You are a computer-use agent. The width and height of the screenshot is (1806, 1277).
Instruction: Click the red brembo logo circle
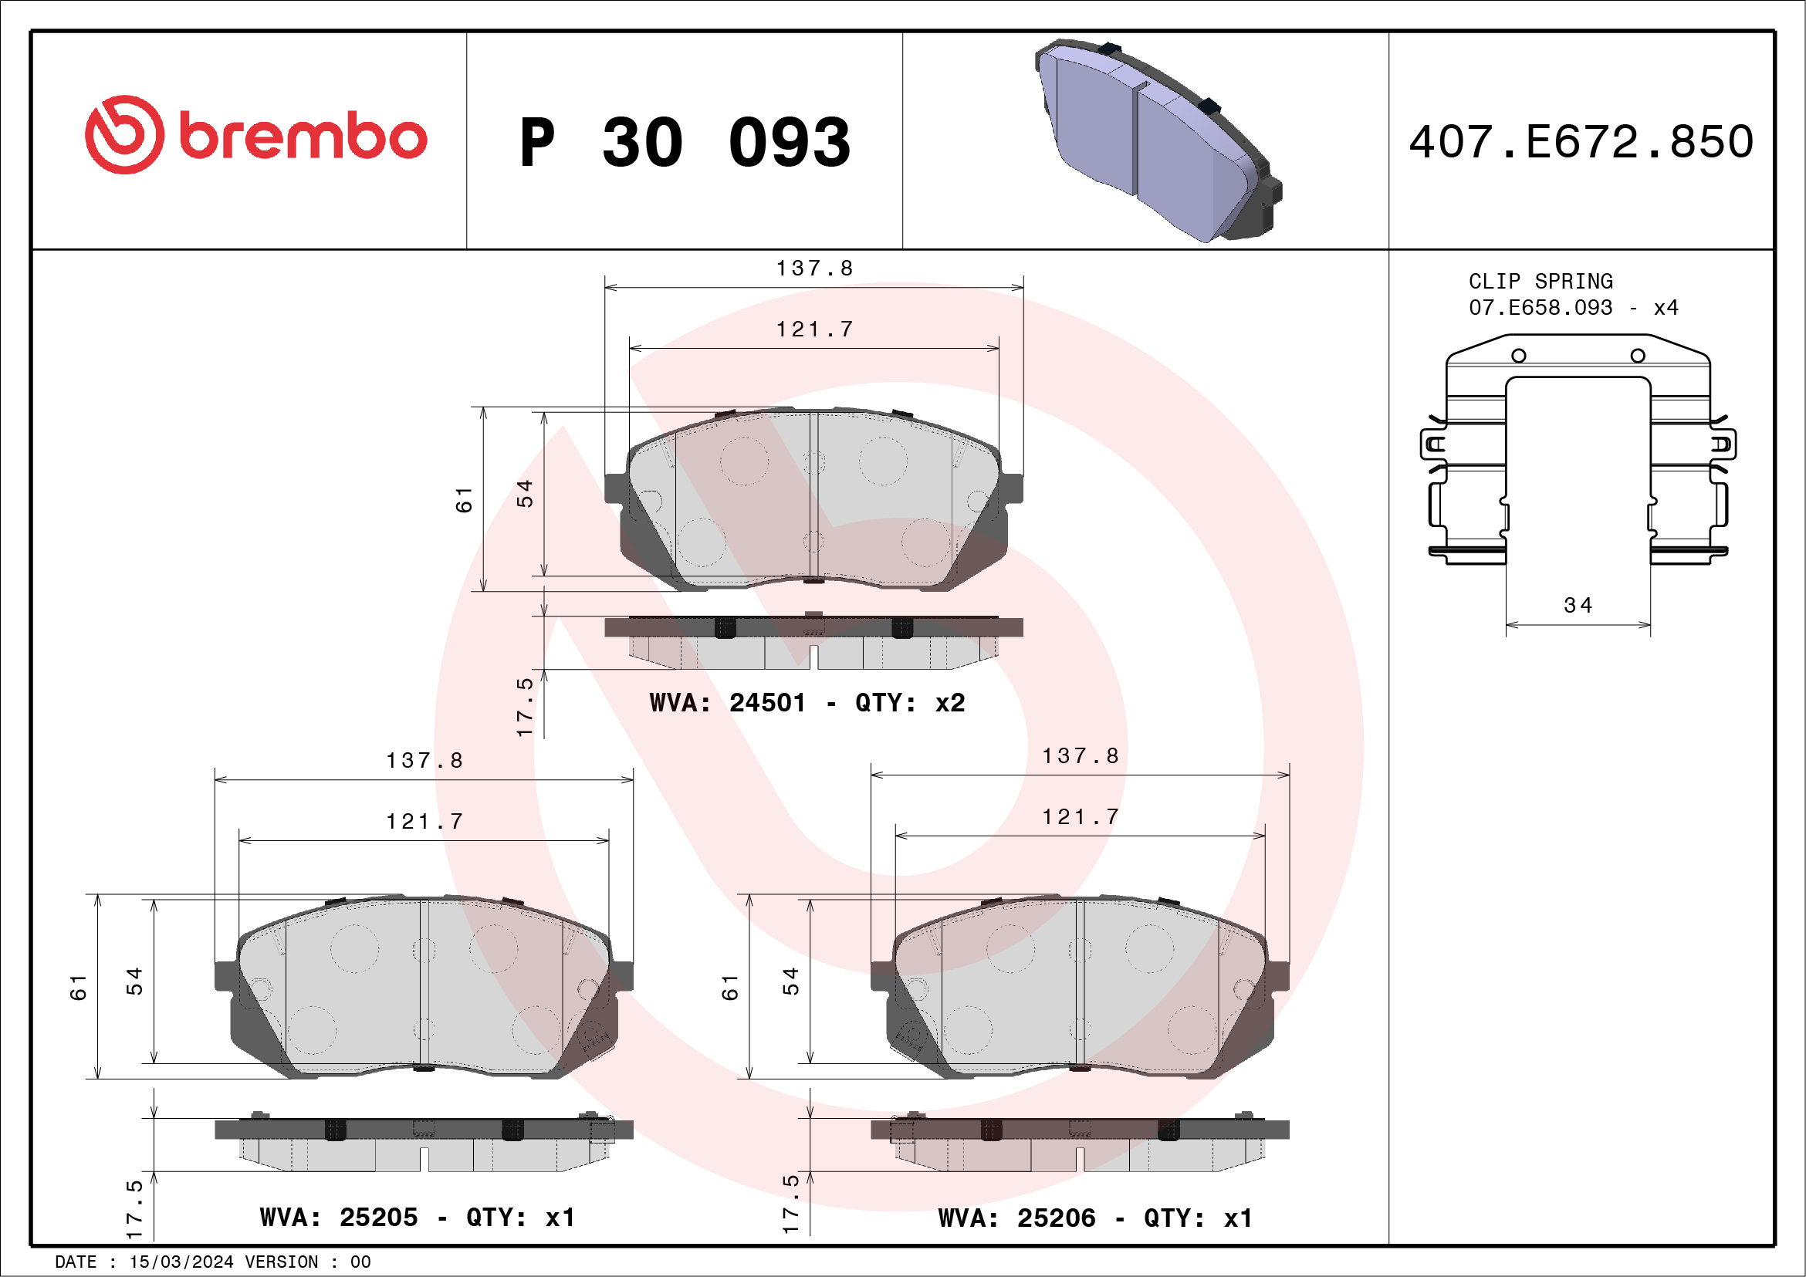(x=124, y=135)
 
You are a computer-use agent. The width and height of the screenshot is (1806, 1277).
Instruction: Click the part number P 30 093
(x=685, y=143)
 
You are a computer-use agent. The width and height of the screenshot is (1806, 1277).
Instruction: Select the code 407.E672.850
(x=1581, y=142)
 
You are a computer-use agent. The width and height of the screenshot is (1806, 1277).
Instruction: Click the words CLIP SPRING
(x=1541, y=282)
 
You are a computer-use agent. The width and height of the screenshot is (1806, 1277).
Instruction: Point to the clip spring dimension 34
(x=1578, y=606)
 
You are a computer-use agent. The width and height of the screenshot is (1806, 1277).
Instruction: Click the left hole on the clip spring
(x=1519, y=356)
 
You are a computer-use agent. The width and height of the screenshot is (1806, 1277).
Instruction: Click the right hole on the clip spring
(x=1638, y=356)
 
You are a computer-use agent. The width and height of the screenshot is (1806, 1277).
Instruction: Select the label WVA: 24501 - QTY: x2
(x=807, y=703)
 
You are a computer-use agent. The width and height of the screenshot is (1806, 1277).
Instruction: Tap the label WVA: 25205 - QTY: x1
(x=418, y=1218)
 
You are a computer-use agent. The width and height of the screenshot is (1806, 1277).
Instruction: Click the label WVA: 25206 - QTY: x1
(x=1095, y=1219)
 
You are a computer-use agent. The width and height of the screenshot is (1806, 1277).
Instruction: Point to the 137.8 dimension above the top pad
(x=814, y=269)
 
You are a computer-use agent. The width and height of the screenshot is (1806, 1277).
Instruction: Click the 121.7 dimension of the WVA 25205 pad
(x=424, y=822)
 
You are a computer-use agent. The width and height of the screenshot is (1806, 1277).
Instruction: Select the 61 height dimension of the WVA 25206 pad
(x=730, y=987)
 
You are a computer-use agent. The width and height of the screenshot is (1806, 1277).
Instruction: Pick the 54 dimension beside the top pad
(x=525, y=493)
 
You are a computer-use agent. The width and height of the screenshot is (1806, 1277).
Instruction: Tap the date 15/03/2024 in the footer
(x=181, y=1262)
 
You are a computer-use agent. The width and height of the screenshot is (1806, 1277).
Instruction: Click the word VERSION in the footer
(x=282, y=1262)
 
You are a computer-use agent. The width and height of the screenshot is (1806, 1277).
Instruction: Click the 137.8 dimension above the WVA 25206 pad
(x=1080, y=756)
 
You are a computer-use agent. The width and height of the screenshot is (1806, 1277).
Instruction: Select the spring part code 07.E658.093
(x=1541, y=307)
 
